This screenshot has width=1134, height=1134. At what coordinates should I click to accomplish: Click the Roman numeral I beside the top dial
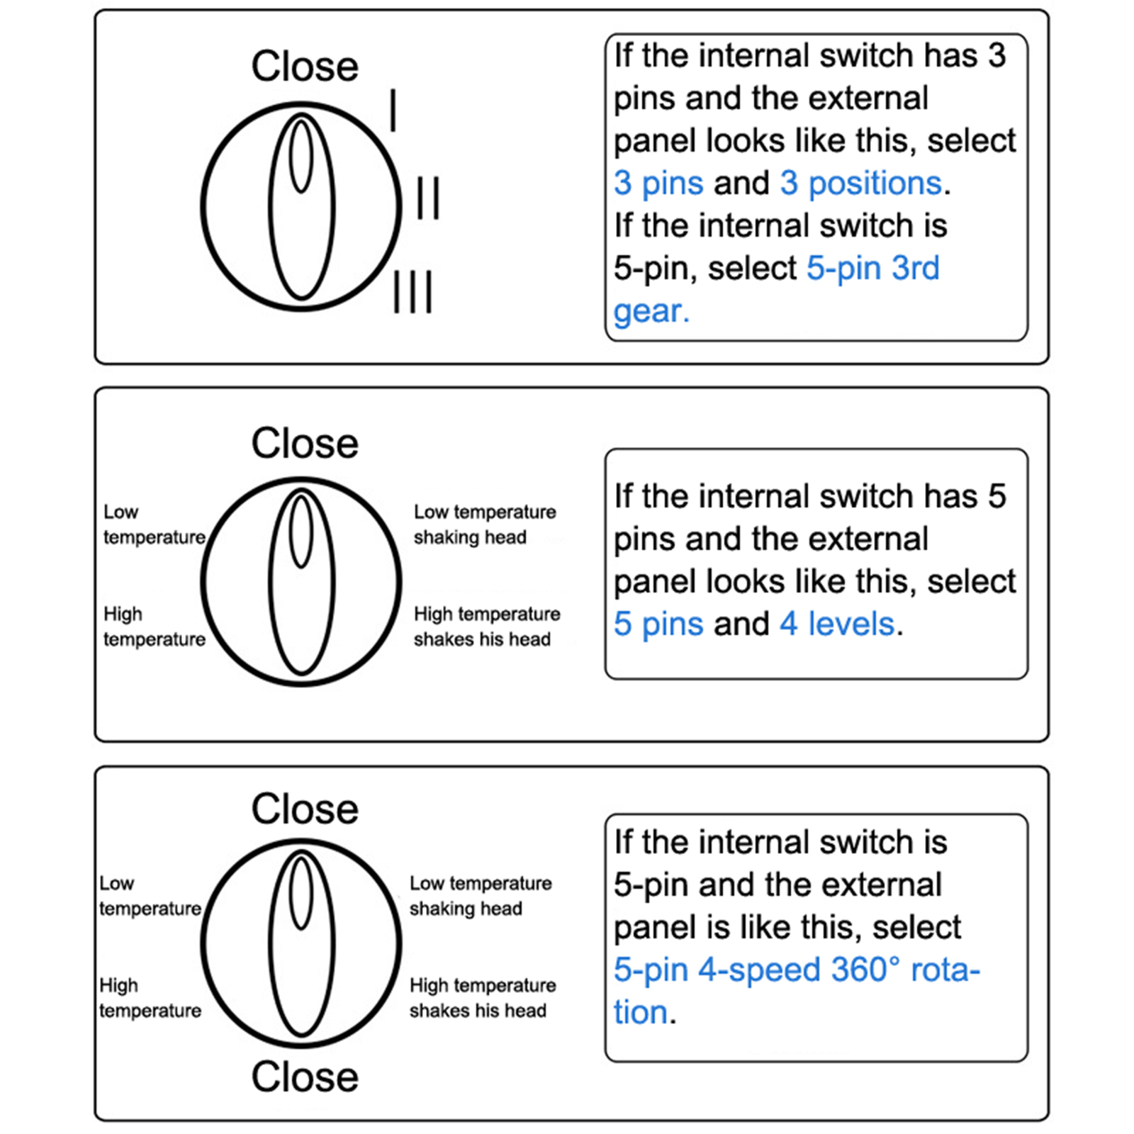tap(393, 111)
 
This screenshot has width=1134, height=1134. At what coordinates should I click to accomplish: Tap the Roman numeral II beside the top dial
tap(427, 198)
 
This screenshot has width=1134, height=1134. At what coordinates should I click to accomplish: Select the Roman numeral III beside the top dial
tap(413, 291)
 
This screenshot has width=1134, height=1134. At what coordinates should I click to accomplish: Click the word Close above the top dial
tap(305, 67)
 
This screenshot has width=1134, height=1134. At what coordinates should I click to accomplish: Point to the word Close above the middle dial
tap(305, 444)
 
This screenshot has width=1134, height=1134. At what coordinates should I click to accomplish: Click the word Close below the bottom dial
tap(305, 1077)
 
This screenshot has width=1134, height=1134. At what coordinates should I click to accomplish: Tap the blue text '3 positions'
tap(861, 184)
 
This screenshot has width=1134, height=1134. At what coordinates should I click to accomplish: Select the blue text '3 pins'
tap(658, 184)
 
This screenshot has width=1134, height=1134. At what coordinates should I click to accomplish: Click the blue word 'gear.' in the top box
tap(651, 311)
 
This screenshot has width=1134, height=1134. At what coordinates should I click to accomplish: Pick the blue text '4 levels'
tap(837, 624)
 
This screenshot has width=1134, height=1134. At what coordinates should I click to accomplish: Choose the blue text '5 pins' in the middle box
tap(658, 624)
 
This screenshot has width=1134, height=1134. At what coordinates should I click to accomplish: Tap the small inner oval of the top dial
tap(301, 156)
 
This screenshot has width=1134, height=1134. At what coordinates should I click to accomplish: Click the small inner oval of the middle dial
tap(301, 532)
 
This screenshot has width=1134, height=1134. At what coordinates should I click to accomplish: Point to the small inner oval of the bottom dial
tap(301, 893)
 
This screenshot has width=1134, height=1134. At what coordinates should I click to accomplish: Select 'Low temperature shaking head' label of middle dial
tap(485, 524)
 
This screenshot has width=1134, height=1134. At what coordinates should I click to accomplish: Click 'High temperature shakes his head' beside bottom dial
tap(482, 998)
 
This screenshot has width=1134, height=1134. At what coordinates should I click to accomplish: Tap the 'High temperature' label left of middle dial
tap(154, 627)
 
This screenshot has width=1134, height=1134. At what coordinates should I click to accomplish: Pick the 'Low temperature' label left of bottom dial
tap(150, 896)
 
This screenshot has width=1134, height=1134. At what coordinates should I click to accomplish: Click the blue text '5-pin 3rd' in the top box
tap(872, 269)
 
